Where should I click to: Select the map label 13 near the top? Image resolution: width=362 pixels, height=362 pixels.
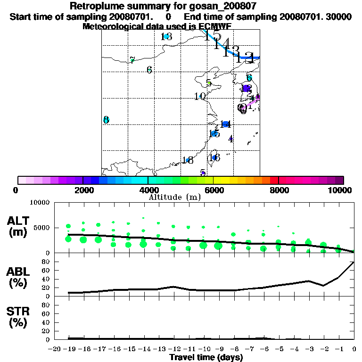tap(166, 37)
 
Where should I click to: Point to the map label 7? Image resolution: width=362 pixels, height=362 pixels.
tap(132, 60)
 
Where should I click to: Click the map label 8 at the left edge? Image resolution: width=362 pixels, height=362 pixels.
tap(106, 120)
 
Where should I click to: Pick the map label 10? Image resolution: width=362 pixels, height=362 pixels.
tap(199, 96)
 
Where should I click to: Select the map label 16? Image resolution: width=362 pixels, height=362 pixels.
tap(214, 157)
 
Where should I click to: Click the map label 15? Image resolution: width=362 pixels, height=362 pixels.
tap(214, 133)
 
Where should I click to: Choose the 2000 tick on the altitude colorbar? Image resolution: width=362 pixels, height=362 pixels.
tap(83, 190)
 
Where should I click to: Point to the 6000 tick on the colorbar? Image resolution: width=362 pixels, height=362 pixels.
tap(213, 190)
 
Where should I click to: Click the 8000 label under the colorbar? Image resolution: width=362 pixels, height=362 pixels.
tap(278, 190)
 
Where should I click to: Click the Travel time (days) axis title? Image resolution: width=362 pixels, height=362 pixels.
tap(206, 357)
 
